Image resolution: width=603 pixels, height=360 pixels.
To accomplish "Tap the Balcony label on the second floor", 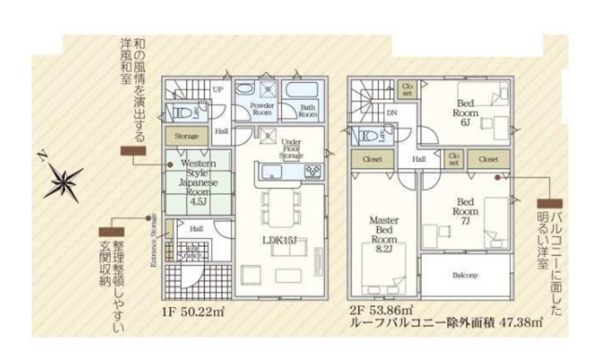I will [x=465, y=276].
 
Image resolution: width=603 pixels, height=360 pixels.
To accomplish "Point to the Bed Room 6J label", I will [x=467, y=113].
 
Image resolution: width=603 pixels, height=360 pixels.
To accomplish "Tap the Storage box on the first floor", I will [x=186, y=136].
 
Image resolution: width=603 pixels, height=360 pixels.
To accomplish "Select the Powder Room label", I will [x=262, y=109].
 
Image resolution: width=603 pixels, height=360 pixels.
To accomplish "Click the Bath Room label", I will [x=308, y=110].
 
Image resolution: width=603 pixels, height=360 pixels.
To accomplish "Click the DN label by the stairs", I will [x=391, y=113].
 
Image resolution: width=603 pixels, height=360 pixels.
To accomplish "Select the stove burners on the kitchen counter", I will [x=314, y=171].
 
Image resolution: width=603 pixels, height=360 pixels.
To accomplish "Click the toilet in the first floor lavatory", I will [x=182, y=112].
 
